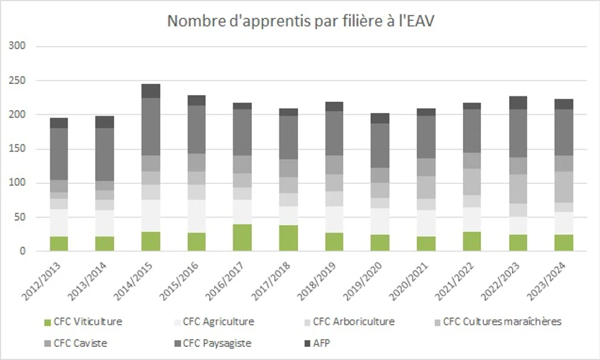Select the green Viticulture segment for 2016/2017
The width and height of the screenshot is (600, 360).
point(242,237)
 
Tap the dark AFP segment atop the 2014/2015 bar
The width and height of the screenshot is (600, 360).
point(151,91)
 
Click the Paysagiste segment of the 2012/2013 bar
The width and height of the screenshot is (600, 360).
point(59,154)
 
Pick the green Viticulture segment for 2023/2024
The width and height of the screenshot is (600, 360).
point(563,243)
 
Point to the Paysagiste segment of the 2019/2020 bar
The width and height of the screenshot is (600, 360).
point(380,146)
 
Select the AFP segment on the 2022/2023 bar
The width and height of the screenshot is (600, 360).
point(517,103)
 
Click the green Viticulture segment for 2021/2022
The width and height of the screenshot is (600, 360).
point(471,242)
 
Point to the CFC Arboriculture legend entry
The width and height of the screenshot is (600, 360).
point(353,321)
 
